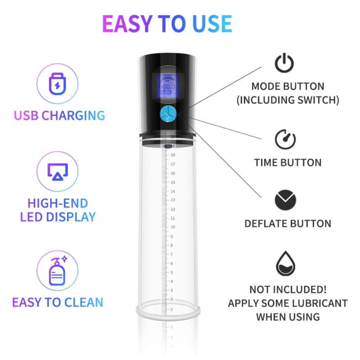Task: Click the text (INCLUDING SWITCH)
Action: (288, 99)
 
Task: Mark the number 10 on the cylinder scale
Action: (172, 227)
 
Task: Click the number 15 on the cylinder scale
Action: (172, 182)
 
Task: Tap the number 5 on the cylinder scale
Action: (171, 272)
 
